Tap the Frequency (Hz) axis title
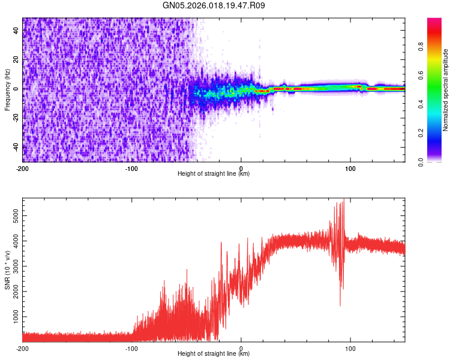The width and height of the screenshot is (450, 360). click(x=8, y=90)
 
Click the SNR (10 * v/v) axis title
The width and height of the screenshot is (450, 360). click(x=8, y=270)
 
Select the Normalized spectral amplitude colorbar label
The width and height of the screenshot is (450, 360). click(x=446, y=90)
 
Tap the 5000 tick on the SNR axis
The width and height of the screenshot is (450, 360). click(x=13, y=213)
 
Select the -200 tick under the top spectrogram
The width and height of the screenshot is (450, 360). click(x=22, y=168)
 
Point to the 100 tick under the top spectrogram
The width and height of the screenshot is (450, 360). click(x=350, y=168)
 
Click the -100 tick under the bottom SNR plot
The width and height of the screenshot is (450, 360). click(x=131, y=348)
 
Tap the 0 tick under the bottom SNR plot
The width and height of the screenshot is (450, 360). click(x=241, y=348)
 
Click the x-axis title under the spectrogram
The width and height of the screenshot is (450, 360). click(x=214, y=174)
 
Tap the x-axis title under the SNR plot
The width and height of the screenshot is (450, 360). click(x=214, y=354)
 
